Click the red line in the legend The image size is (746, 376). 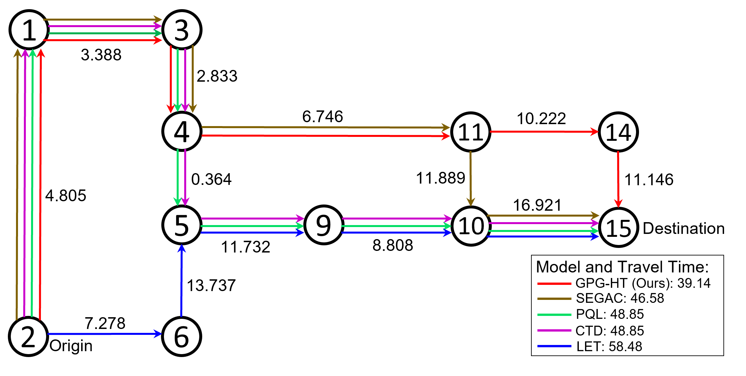pyautogui.click(x=554, y=284)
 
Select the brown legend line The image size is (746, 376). pyautogui.click(x=554, y=299)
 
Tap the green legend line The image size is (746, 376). pyautogui.click(x=554, y=315)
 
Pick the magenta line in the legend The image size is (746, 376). pyautogui.click(x=554, y=330)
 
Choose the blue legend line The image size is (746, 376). pyautogui.click(x=554, y=346)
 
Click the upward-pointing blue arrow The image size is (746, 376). pyautogui.click(x=181, y=281)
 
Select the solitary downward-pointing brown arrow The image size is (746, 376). pyautogui.click(x=471, y=178)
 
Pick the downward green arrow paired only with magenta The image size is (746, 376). pyautogui.click(x=178, y=176)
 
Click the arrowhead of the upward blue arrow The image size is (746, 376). pyautogui.click(x=182, y=248)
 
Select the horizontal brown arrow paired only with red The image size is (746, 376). pyautogui.click(x=324, y=127)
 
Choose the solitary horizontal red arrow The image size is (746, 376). pyautogui.click(x=543, y=132)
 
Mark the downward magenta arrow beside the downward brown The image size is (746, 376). pyautogui.click(x=185, y=78)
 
